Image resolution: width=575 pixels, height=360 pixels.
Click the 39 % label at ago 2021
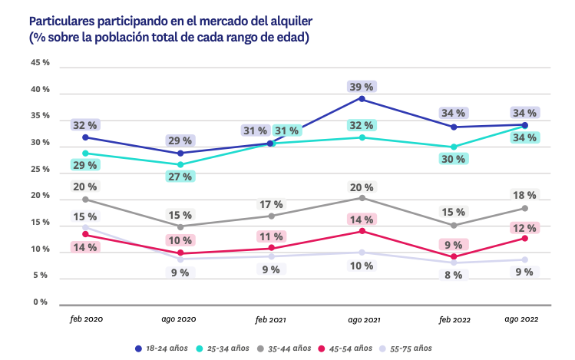[x=361, y=87]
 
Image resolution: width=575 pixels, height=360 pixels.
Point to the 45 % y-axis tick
[x=40, y=63]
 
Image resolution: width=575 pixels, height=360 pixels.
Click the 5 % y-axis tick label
[x=42, y=276]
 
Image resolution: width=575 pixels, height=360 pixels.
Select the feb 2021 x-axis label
[x=270, y=319]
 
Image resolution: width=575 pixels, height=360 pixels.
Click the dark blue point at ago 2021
[x=362, y=99]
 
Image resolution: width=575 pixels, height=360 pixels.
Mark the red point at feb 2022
[x=454, y=257]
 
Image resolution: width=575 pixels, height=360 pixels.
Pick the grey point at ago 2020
[x=180, y=227]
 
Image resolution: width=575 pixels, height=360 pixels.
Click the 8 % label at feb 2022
[x=453, y=275]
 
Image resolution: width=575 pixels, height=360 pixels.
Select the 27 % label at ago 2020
[x=180, y=177]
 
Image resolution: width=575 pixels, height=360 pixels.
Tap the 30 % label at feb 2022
[x=453, y=159]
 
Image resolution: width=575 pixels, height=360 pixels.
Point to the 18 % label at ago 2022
[x=525, y=195]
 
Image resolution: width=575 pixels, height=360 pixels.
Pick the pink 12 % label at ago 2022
[x=525, y=228]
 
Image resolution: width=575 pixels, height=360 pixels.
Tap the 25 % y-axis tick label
[x=40, y=170]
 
